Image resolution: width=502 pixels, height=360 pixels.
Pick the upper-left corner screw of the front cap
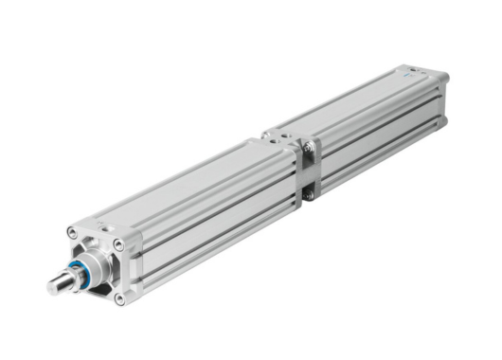[73, 231]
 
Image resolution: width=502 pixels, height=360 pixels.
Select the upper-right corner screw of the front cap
[117, 244]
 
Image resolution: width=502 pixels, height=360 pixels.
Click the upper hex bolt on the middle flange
[308, 146]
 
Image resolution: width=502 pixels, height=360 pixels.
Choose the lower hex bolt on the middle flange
[308, 194]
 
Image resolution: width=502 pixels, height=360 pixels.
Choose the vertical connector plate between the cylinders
[308, 171]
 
